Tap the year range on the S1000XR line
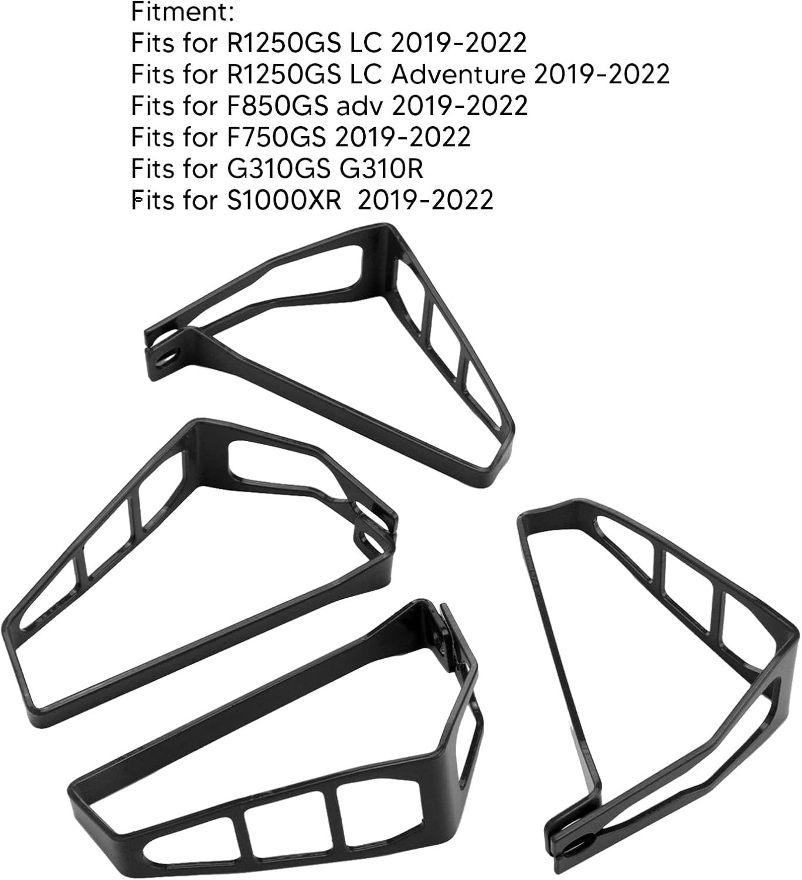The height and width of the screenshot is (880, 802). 425,200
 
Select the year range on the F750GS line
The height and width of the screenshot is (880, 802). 403,137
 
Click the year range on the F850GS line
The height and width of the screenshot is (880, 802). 460,106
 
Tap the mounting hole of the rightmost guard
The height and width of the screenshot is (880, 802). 579,845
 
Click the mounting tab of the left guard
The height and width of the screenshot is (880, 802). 375,531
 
